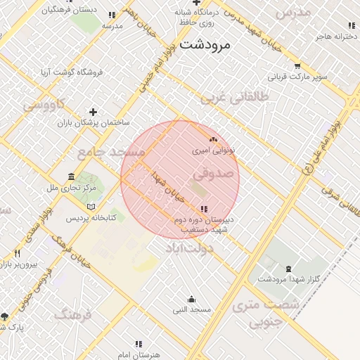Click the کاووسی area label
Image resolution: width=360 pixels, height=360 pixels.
pos(44,105)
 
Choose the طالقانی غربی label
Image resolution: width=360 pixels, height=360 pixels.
pos(235,99)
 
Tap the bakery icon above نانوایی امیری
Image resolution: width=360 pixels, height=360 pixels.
pos(213,139)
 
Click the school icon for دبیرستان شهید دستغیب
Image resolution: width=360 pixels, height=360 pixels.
pos(204,209)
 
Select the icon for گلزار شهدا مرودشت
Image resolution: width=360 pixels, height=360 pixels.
pos(288,269)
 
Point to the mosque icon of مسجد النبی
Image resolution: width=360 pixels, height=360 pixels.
pos(191,300)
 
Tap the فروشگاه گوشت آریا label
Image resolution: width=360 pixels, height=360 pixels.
pos(70,72)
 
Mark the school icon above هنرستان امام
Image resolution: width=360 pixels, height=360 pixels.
pos(138,344)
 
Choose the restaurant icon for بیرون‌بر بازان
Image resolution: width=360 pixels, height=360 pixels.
pos(17,253)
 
